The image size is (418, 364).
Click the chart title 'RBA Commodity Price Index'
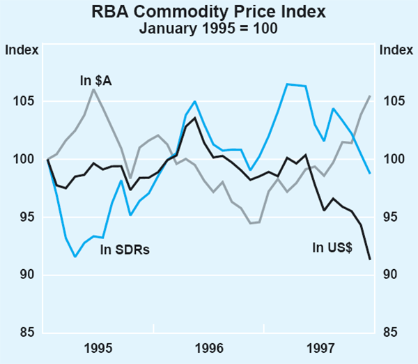pos(208,13)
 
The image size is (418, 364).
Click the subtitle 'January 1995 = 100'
pos(208,29)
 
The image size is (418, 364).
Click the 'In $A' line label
pos(96,82)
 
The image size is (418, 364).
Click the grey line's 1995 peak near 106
pos(93,89)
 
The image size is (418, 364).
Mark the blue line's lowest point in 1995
pos(75,257)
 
